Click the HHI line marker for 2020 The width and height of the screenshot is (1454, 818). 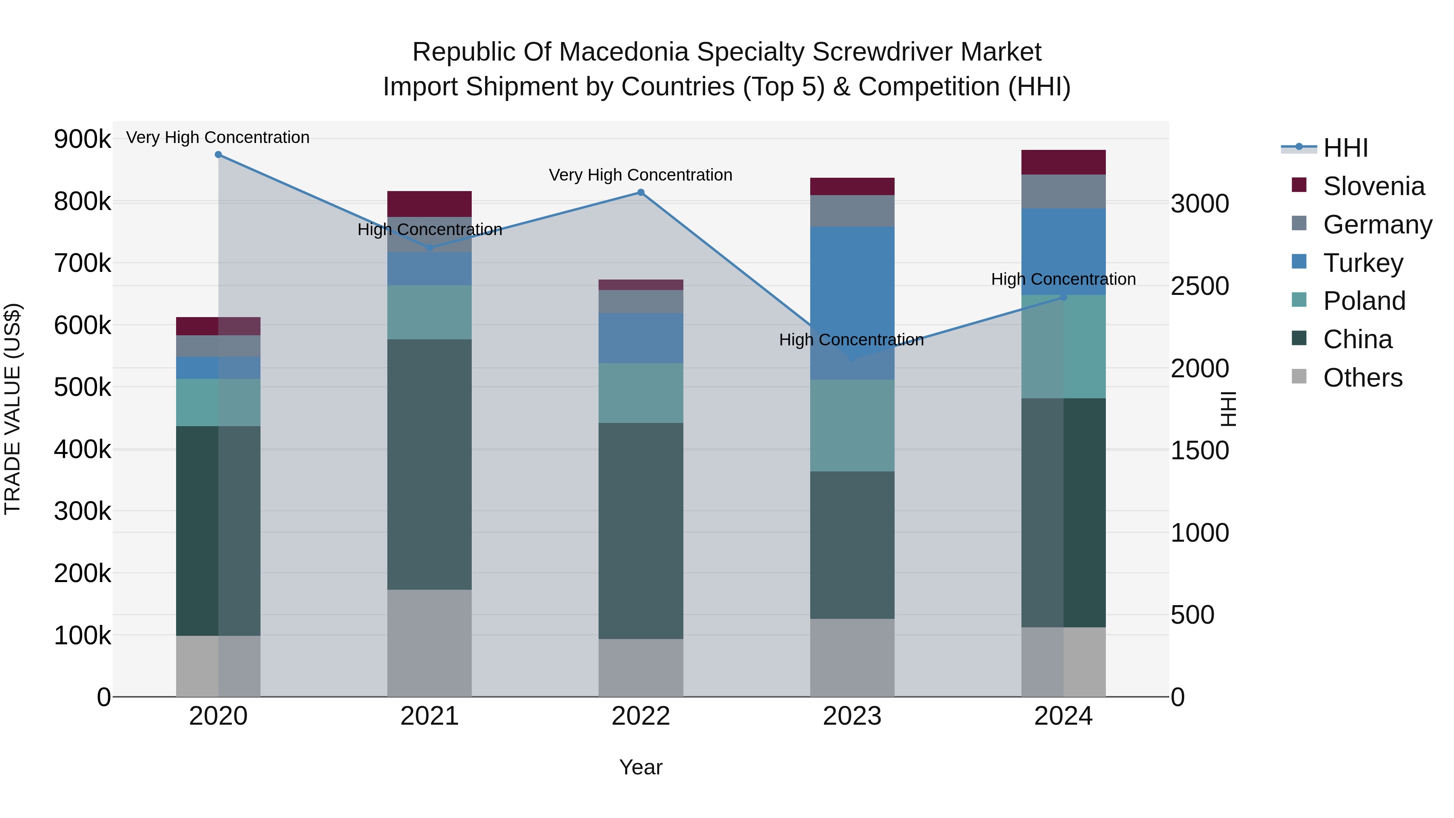tap(219, 155)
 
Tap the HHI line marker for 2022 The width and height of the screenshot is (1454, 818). tap(641, 193)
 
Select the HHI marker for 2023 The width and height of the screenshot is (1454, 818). tap(852, 358)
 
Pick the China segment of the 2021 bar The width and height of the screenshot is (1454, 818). tap(430, 464)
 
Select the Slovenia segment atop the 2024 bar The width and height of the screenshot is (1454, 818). tap(1063, 162)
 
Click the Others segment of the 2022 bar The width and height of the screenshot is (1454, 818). tap(641, 667)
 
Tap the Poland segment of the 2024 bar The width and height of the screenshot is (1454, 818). tap(1063, 346)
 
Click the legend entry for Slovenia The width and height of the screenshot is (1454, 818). tap(1373, 186)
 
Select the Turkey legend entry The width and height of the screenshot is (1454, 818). tap(1363, 263)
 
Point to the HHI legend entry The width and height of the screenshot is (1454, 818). tap(1345, 148)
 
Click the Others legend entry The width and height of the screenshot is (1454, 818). tap(1362, 378)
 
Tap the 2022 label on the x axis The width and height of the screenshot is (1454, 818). tap(641, 716)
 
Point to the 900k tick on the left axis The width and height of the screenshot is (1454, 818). tap(82, 139)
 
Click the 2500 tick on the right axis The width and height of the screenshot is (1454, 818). tap(1200, 286)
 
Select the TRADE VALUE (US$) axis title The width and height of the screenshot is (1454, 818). tap(13, 409)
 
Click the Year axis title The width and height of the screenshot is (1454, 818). tap(641, 767)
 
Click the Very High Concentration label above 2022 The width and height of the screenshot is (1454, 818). tap(641, 175)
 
